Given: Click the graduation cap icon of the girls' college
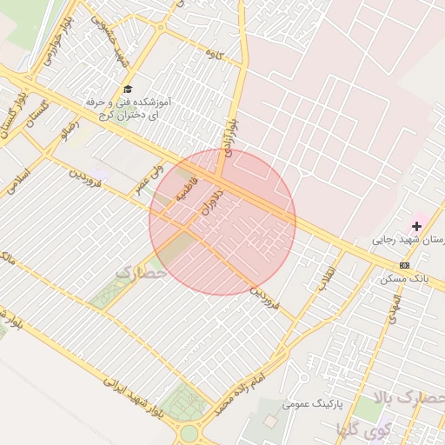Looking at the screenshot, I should pyautogui.click(x=128, y=89).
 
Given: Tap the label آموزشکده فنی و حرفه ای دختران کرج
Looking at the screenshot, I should pyautogui.click(x=128, y=108).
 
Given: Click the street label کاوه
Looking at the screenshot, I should pyautogui.click(x=215, y=55).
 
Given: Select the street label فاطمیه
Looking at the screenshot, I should pyautogui.click(x=188, y=189).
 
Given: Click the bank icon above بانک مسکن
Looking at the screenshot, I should pyautogui.click(x=404, y=265).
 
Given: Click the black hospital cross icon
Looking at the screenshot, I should pyautogui.click(x=416, y=226).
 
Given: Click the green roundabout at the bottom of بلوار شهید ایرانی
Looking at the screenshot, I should pyautogui.click(x=189, y=432).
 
